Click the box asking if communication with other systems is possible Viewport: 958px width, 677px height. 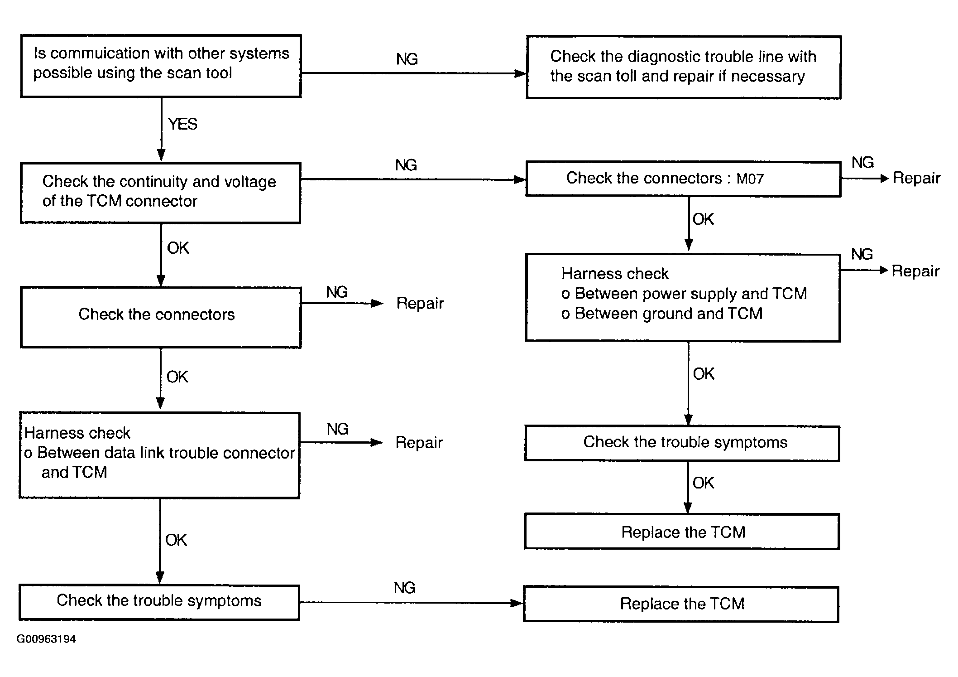(x=161, y=66)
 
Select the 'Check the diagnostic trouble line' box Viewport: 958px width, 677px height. (x=684, y=67)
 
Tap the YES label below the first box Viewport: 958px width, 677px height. (x=182, y=124)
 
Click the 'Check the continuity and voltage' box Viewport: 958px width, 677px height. (x=161, y=193)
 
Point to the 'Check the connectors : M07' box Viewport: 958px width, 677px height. (x=683, y=179)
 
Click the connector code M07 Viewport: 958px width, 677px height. (x=750, y=179)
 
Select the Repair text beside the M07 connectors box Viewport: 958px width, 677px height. (x=916, y=178)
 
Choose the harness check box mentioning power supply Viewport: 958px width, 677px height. (x=683, y=298)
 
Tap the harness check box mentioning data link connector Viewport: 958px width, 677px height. (x=159, y=455)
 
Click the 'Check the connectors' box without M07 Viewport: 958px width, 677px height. (x=161, y=317)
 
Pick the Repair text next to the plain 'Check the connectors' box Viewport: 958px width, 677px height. (x=420, y=303)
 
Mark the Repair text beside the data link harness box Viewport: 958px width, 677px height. (x=419, y=443)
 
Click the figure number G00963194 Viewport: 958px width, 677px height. (x=46, y=639)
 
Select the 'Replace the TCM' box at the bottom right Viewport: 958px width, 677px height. (x=681, y=604)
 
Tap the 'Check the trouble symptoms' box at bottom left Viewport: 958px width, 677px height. (x=159, y=603)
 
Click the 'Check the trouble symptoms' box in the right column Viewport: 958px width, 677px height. (x=682, y=443)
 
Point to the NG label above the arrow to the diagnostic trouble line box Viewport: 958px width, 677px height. (x=407, y=59)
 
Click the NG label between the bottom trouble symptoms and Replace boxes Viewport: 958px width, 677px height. (x=405, y=588)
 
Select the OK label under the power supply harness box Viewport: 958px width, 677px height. (x=704, y=374)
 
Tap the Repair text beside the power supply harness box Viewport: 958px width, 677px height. (x=915, y=271)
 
